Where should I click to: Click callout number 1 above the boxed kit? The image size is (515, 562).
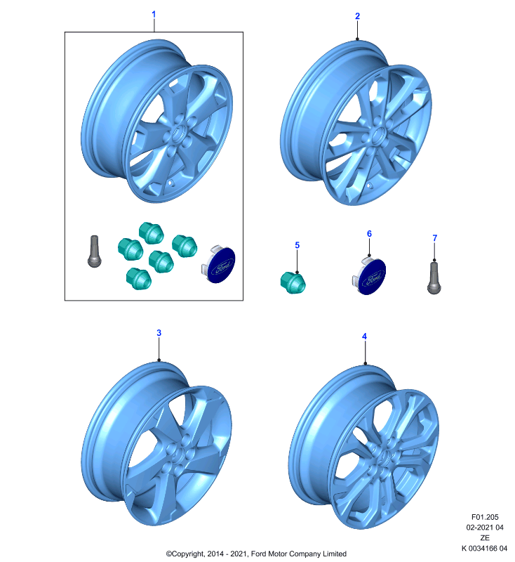coord(154,15)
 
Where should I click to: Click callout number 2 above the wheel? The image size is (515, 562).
coord(357,16)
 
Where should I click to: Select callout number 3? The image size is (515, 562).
coord(159,333)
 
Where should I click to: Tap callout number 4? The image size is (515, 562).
coord(364,336)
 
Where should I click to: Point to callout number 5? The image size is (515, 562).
coord(297,245)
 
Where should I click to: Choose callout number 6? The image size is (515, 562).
coord(369,234)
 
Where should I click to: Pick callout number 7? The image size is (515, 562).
coord(435,238)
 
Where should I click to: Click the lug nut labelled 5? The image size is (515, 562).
coord(293,282)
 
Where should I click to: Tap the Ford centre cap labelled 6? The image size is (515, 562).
coord(369,275)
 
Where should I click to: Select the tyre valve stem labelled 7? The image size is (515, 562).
coord(434,278)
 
